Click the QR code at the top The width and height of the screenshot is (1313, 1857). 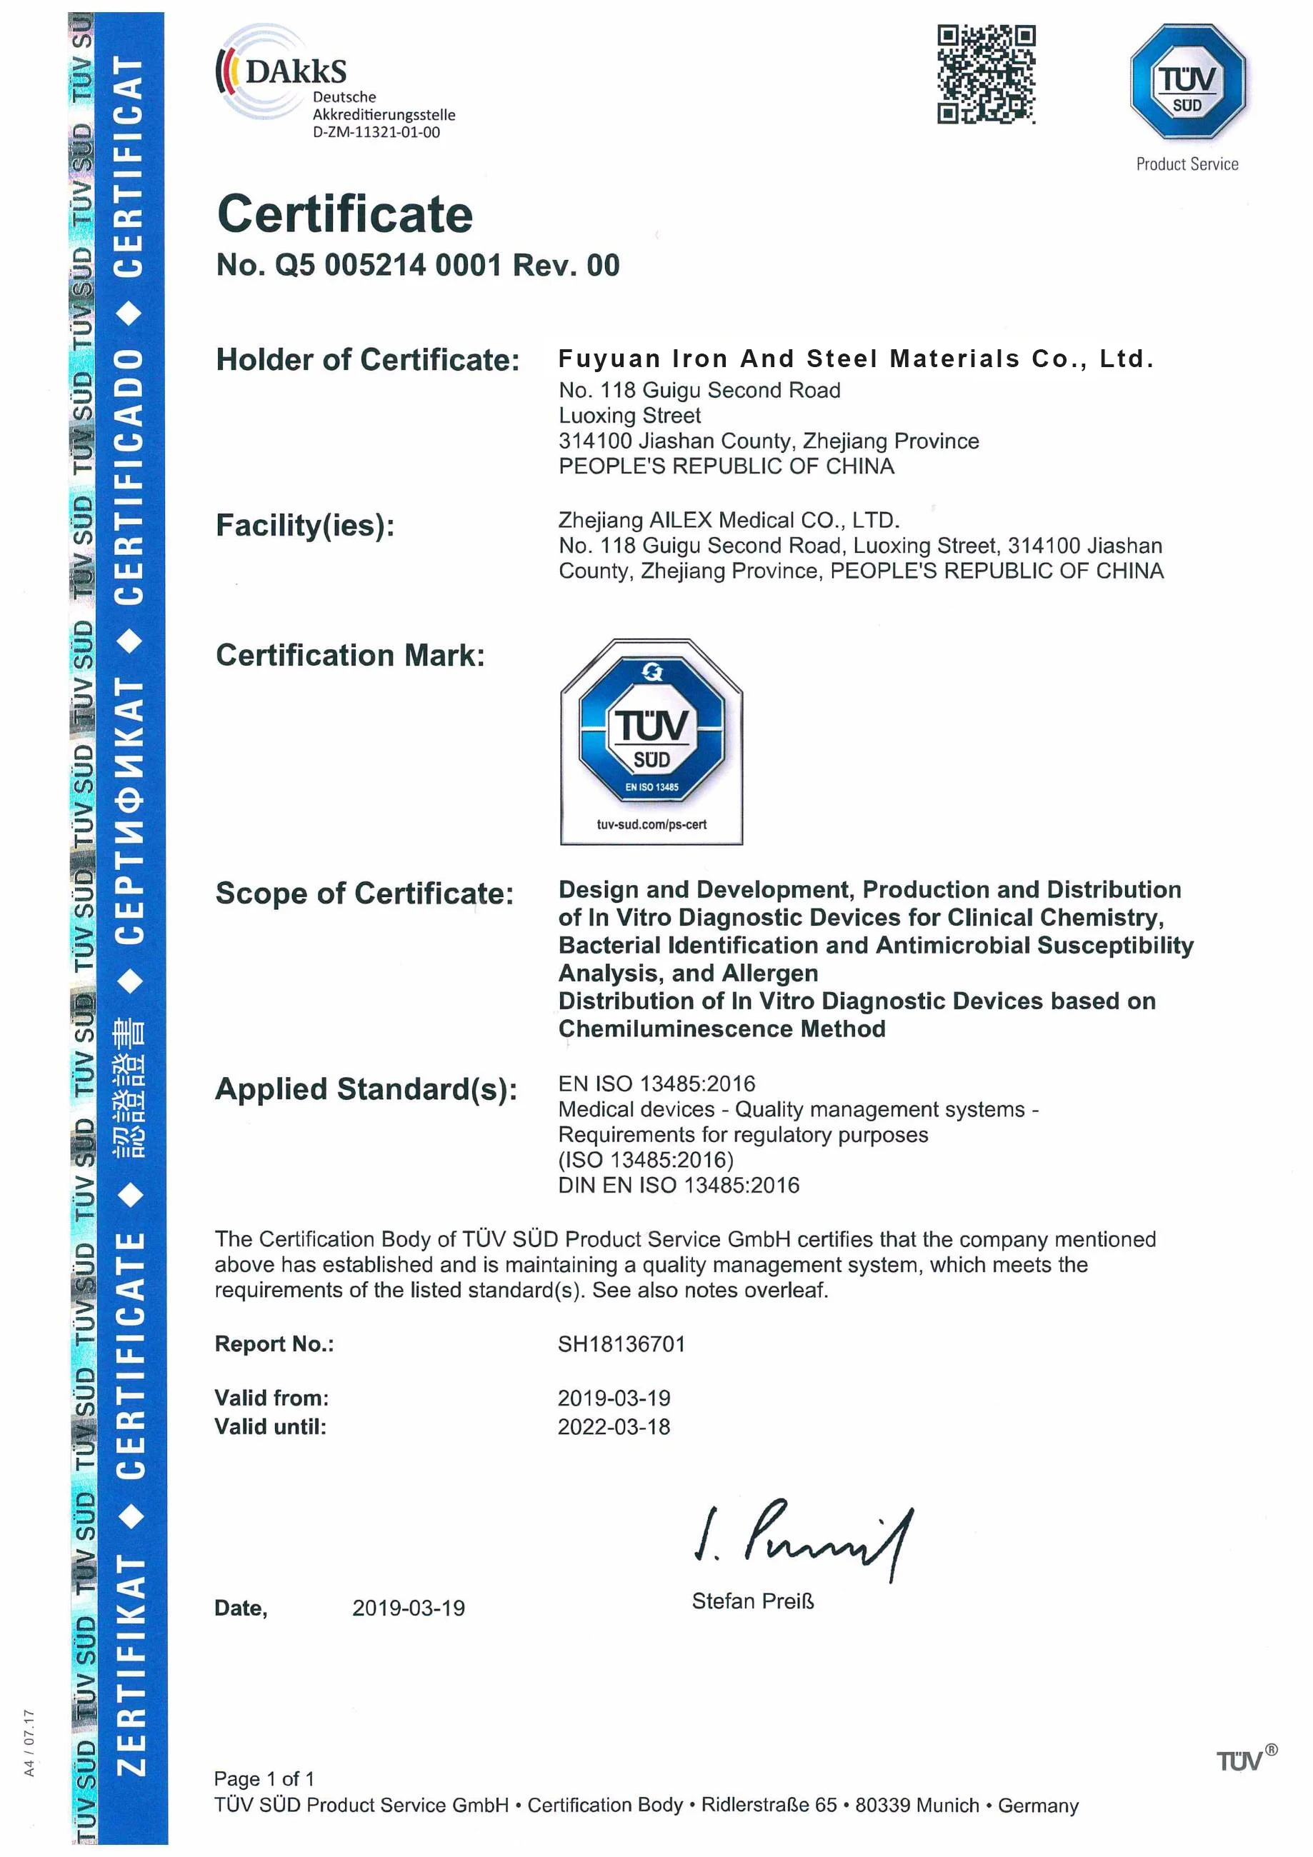986,74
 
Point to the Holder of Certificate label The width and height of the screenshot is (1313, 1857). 367,360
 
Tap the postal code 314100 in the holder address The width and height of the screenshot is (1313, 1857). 594,441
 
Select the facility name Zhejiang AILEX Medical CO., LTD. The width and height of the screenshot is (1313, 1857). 728,520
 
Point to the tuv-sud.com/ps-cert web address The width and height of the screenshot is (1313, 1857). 651,824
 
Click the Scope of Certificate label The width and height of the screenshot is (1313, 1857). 364,894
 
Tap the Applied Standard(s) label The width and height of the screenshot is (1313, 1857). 366,1089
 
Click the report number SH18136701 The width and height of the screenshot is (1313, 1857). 621,1344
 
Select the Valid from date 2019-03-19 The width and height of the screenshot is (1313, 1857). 614,1398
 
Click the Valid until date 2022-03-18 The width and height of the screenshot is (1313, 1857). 614,1427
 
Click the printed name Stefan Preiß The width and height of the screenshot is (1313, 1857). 752,1601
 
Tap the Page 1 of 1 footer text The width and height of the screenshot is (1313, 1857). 264,1778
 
